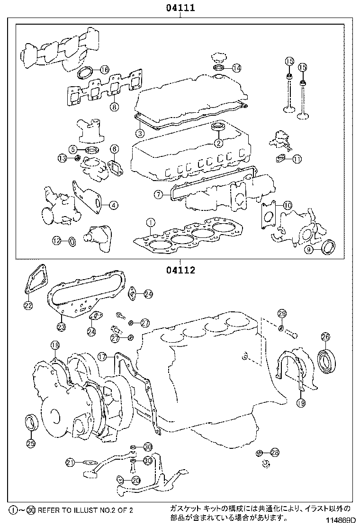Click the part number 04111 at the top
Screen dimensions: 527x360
click(x=180, y=8)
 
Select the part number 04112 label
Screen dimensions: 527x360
click(x=180, y=271)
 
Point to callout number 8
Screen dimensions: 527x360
click(x=114, y=107)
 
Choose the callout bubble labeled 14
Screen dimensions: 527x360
click(x=236, y=68)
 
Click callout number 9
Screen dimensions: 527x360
click(x=308, y=250)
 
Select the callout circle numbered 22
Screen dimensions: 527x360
click(x=28, y=306)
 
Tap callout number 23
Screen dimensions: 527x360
click(x=61, y=326)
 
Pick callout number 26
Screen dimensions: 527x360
click(x=325, y=337)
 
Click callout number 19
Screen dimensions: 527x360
click(x=301, y=403)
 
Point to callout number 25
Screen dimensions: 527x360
click(x=30, y=444)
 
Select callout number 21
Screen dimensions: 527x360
click(x=70, y=462)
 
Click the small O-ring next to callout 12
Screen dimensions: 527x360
click(x=72, y=242)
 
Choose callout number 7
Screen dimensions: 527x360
click(x=158, y=194)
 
